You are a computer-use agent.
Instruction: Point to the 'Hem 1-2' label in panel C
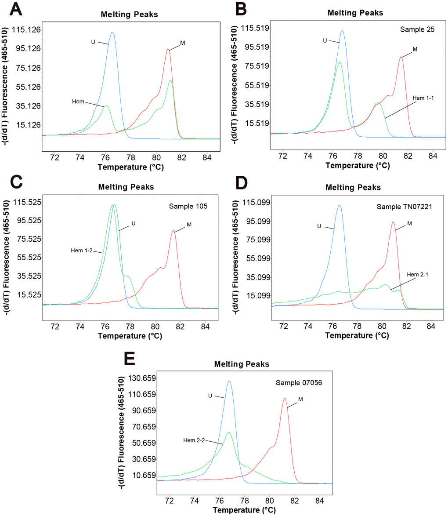pyautogui.click(x=80, y=250)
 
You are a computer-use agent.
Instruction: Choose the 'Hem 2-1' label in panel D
pyautogui.click(x=417, y=275)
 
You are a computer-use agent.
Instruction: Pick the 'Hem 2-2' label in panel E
pyautogui.click(x=194, y=440)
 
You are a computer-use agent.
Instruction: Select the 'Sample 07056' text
pyautogui.click(x=299, y=382)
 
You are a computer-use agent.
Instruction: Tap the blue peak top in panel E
pyautogui.click(x=229, y=381)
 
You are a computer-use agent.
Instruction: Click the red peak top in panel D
pyautogui.click(x=393, y=222)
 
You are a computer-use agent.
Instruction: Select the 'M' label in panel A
pyautogui.click(x=183, y=43)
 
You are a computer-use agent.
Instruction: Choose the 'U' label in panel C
pyautogui.click(x=134, y=223)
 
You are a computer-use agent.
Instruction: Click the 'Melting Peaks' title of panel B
pyautogui.click(x=355, y=13)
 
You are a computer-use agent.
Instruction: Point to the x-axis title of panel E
pyautogui.click(x=243, y=510)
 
